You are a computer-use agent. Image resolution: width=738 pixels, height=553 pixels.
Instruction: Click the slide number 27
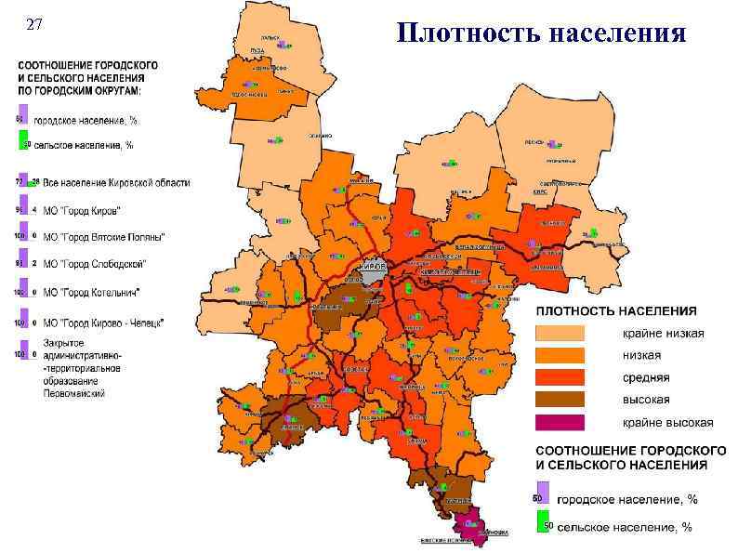[x=33, y=25]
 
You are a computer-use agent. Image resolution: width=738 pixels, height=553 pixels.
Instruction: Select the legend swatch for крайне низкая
[x=559, y=333]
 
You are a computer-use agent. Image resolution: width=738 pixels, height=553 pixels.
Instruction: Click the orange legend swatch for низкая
[x=559, y=355]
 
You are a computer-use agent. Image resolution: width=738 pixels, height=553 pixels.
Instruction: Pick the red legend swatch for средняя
[x=559, y=377]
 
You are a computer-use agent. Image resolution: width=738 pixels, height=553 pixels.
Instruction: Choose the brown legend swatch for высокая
[x=559, y=400]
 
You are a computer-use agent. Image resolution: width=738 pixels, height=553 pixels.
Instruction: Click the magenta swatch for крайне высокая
[x=559, y=422]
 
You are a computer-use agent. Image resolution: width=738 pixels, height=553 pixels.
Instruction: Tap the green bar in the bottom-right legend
[x=542, y=522]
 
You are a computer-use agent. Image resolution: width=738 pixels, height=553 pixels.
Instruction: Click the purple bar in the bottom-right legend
[x=543, y=493]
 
